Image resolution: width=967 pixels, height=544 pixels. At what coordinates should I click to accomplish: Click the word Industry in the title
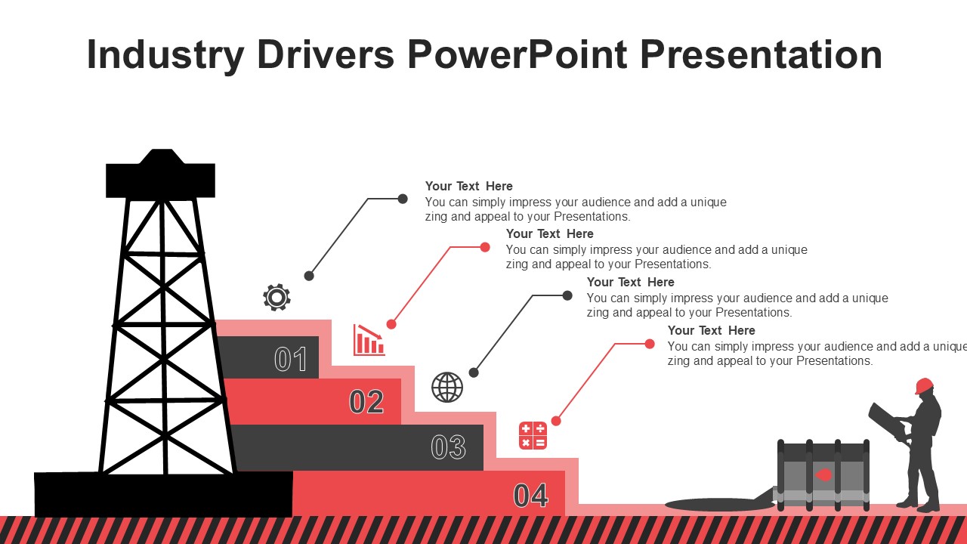[x=165, y=55]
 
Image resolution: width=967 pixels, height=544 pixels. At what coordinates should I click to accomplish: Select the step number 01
[x=291, y=359]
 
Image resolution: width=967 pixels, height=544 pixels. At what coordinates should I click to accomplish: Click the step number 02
[x=366, y=401]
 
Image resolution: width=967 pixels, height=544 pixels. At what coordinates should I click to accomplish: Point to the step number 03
[x=448, y=447]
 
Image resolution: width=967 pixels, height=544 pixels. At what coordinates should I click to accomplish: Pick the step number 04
[x=530, y=495]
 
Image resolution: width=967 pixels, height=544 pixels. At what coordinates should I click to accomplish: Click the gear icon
[x=277, y=297]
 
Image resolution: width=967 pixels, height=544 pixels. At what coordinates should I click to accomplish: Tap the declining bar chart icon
[x=369, y=340]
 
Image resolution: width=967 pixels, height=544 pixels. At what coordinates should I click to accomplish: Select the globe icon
[x=447, y=388]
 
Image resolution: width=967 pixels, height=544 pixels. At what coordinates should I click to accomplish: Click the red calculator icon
[x=533, y=436]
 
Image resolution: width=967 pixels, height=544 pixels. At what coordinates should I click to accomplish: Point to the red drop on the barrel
[x=823, y=475]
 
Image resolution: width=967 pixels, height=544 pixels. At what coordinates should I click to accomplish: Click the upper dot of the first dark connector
[x=403, y=199]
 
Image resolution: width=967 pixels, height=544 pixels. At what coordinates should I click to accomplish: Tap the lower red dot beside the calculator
[x=556, y=421]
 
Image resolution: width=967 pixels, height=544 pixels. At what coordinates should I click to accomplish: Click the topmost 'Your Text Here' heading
[x=469, y=186]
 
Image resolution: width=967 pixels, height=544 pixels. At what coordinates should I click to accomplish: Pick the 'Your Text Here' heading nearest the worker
[x=711, y=330]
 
